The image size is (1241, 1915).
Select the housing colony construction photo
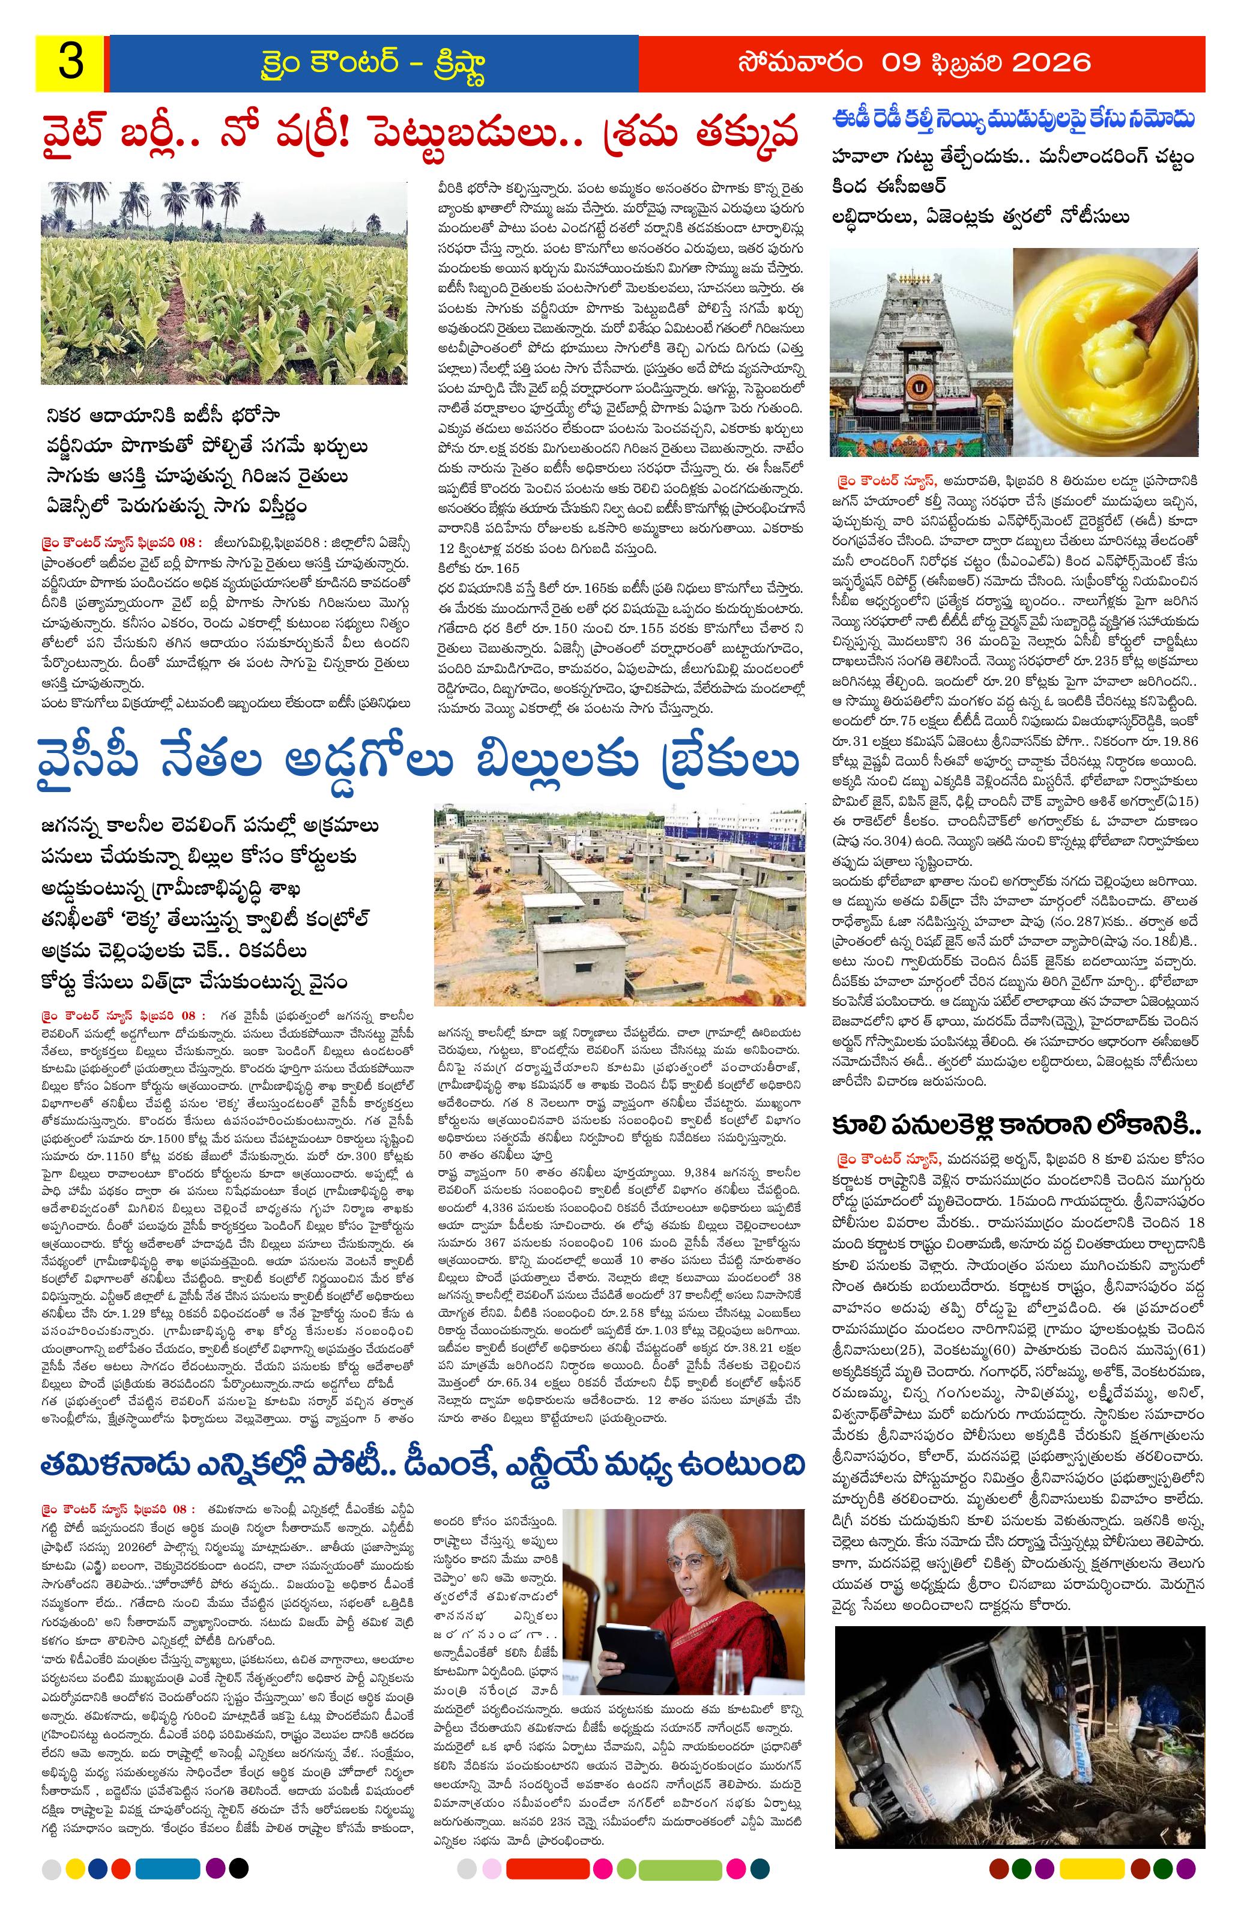619,904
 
